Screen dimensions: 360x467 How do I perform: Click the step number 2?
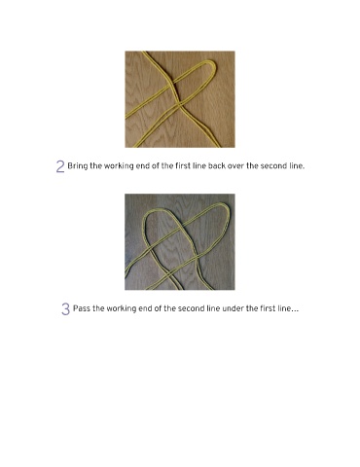(x=60, y=166)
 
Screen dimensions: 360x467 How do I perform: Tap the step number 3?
(x=65, y=309)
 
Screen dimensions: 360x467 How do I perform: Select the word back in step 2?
(x=217, y=166)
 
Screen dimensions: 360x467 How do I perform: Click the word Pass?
(x=82, y=308)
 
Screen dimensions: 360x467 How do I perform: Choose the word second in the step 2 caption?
(x=273, y=166)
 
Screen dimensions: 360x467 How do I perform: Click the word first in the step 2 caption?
(x=183, y=166)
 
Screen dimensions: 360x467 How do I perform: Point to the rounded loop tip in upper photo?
(x=213, y=63)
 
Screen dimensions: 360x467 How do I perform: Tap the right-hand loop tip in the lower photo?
(x=227, y=206)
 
